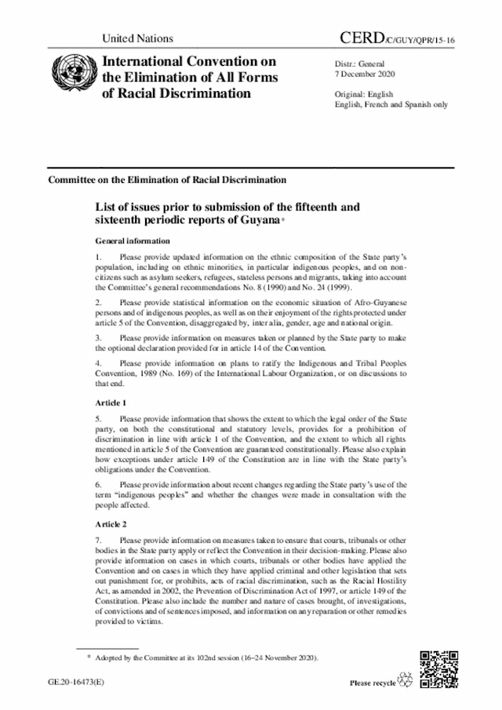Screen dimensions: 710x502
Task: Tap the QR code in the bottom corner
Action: (x=436, y=668)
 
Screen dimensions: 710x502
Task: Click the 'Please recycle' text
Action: (x=373, y=683)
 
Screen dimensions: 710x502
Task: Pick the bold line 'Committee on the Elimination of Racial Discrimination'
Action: (x=167, y=180)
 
